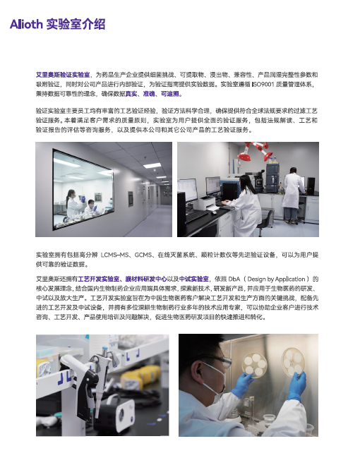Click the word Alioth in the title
(x=26, y=24)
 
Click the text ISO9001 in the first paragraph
(x=263, y=84)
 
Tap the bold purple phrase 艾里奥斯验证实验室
(x=63, y=75)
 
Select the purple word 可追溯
(x=170, y=94)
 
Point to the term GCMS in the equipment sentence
(x=143, y=255)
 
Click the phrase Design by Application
(x=276, y=279)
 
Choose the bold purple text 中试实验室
(x=194, y=279)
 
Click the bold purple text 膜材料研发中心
(x=146, y=279)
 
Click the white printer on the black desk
(x=205, y=203)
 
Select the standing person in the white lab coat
(x=292, y=195)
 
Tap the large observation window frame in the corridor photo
(x=53, y=189)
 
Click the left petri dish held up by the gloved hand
(x=255, y=364)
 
